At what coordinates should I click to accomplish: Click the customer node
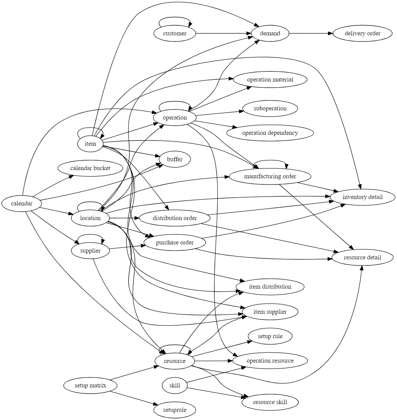tap(175, 34)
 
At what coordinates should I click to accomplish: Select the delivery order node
tap(362, 34)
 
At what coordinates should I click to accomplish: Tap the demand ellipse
tap(270, 34)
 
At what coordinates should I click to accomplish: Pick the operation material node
tap(270, 80)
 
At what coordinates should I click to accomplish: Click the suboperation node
tap(270, 109)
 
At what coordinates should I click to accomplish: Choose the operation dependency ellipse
tap(270, 133)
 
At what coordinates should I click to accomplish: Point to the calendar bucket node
tap(90, 168)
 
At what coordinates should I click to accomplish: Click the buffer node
tap(175, 160)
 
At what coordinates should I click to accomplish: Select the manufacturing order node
tap(270, 177)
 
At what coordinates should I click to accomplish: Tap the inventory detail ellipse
tap(362, 197)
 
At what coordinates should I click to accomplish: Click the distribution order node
tap(175, 218)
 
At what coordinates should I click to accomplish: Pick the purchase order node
tap(175, 243)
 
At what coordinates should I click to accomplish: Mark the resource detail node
tap(362, 258)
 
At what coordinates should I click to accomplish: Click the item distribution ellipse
tap(270, 287)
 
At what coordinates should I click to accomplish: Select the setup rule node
tap(270, 336)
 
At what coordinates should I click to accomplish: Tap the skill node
tap(175, 386)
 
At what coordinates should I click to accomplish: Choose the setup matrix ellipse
tap(90, 386)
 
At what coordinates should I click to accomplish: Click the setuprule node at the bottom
tap(175, 410)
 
